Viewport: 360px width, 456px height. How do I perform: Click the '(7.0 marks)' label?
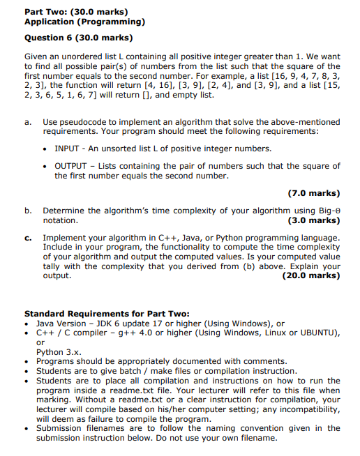313,193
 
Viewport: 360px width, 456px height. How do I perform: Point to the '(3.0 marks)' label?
313,220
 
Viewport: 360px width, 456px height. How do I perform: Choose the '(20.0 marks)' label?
310,275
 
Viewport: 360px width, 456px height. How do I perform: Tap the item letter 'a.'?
28,121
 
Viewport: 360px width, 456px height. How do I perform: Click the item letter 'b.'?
28,210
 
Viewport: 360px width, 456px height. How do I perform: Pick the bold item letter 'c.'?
28,238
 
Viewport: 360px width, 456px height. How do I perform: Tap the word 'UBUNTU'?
318,333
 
